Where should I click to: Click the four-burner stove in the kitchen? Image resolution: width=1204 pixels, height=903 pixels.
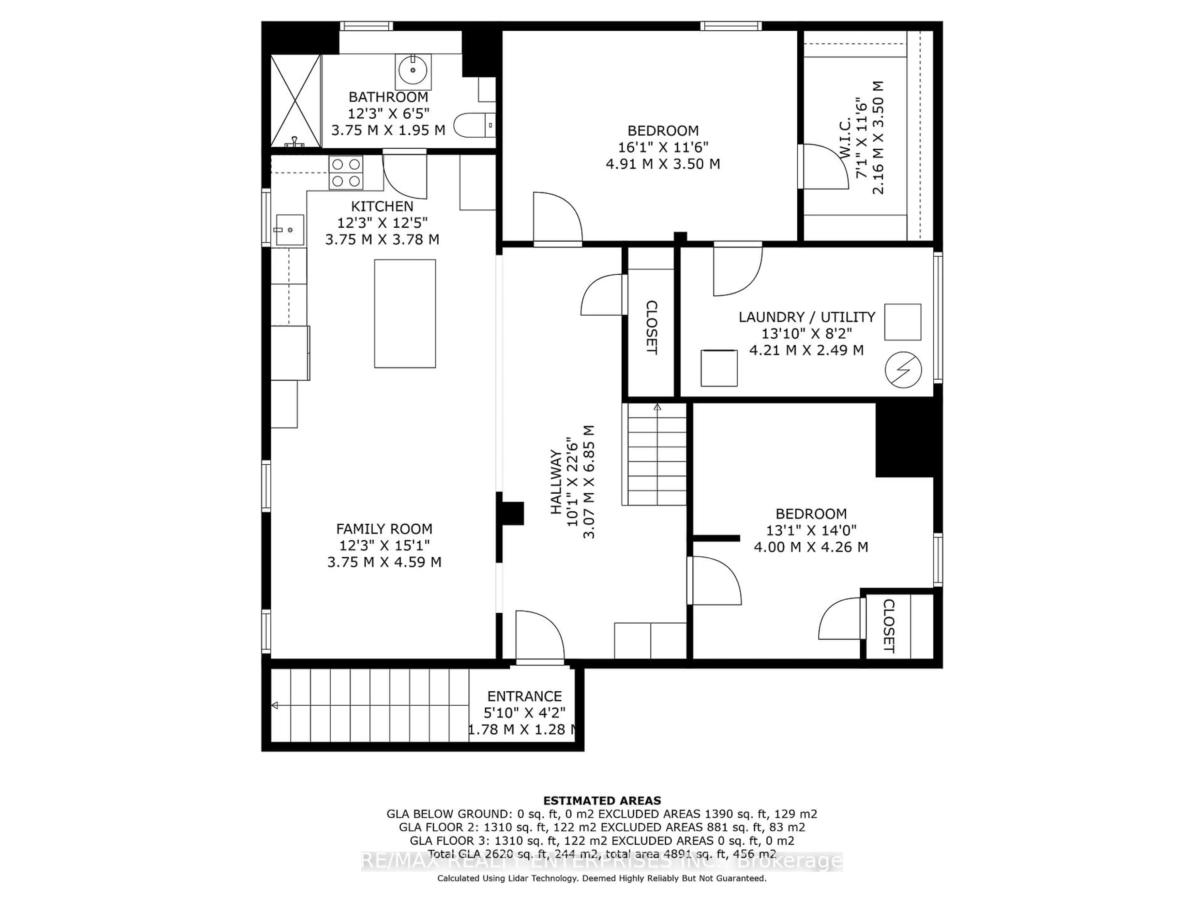pyautogui.click(x=346, y=172)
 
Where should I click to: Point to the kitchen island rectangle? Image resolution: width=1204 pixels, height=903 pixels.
pyautogui.click(x=404, y=314)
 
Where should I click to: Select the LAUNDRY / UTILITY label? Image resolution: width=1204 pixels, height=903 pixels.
pyautogui.click(x=807, y=317)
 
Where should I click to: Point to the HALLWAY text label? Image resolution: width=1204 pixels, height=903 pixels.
pyautogui.click(x=556, y=481)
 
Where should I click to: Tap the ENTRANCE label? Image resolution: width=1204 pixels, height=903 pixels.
pyautogui.click(x=524, y=696)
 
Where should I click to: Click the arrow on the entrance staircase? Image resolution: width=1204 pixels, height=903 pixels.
pyautogui.click(x=275, y=705)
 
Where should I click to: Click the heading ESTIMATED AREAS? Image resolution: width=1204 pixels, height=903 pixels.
pyautogui.click(x=602, y=801)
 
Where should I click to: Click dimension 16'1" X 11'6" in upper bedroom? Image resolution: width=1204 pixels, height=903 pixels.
pyautogui.click(x=663, y=147)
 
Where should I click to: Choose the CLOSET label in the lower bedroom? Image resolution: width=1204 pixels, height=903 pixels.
pyautogui.click(x=888, y=626)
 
